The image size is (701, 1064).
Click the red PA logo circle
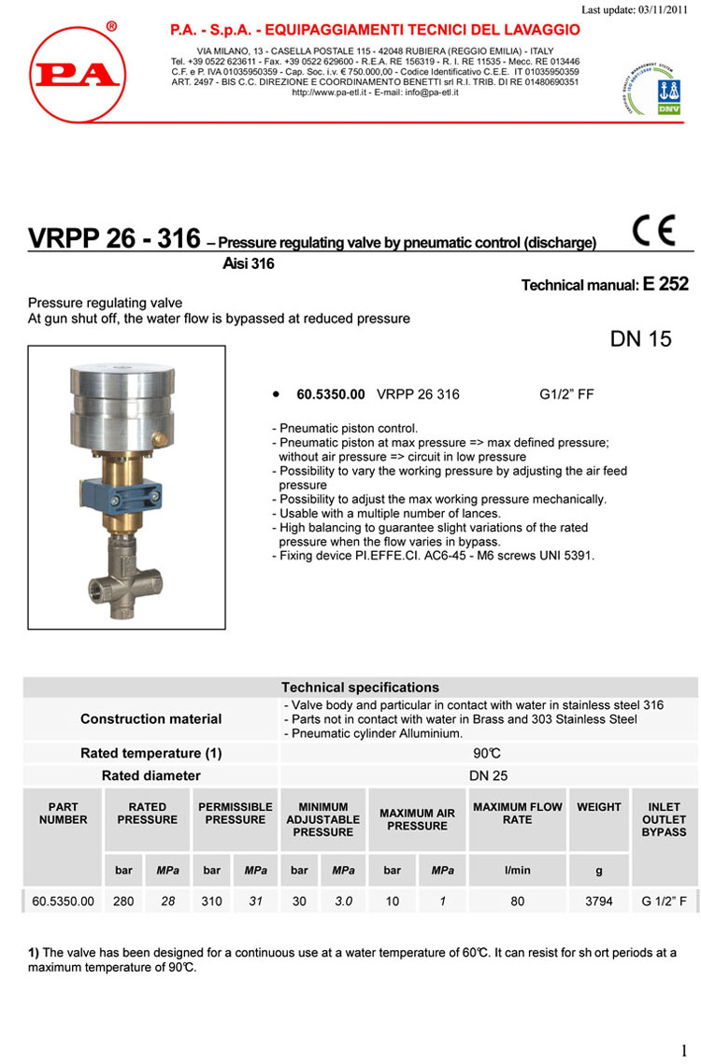pyautogui.click(x=76, y=74)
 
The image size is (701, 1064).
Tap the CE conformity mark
pyautogui.click(x=652, y=231)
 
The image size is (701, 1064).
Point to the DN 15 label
pyautogui.click(x=640, y=339)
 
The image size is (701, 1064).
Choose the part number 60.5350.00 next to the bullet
pyautogui.click(x=330, y=394)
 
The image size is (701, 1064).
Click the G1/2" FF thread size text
pyautogui.click(x=566, y=394)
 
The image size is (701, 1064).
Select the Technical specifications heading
pyautogui.click(x=360, y=687)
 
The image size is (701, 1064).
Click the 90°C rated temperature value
pyautogui.click(x=488, y=753)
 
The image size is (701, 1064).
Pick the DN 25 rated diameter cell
pyautogui.click(x=488, y=775)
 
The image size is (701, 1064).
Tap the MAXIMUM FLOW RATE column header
pyautogui.click(x=518, y=813)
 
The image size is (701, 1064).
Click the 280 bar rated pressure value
pyautogui.click(x=123, y=901)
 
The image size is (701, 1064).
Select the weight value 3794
pyautogui.click(x=599, y=901)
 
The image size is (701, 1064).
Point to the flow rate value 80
pyautogui.click(x=518, y=901)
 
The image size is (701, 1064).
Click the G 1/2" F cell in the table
pyautogui.click(x=664, y=901)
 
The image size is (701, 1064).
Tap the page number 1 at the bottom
pyautogui.click(x=683, y=1050)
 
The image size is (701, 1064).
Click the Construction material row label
pyautogui.click(x=151, y=718)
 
